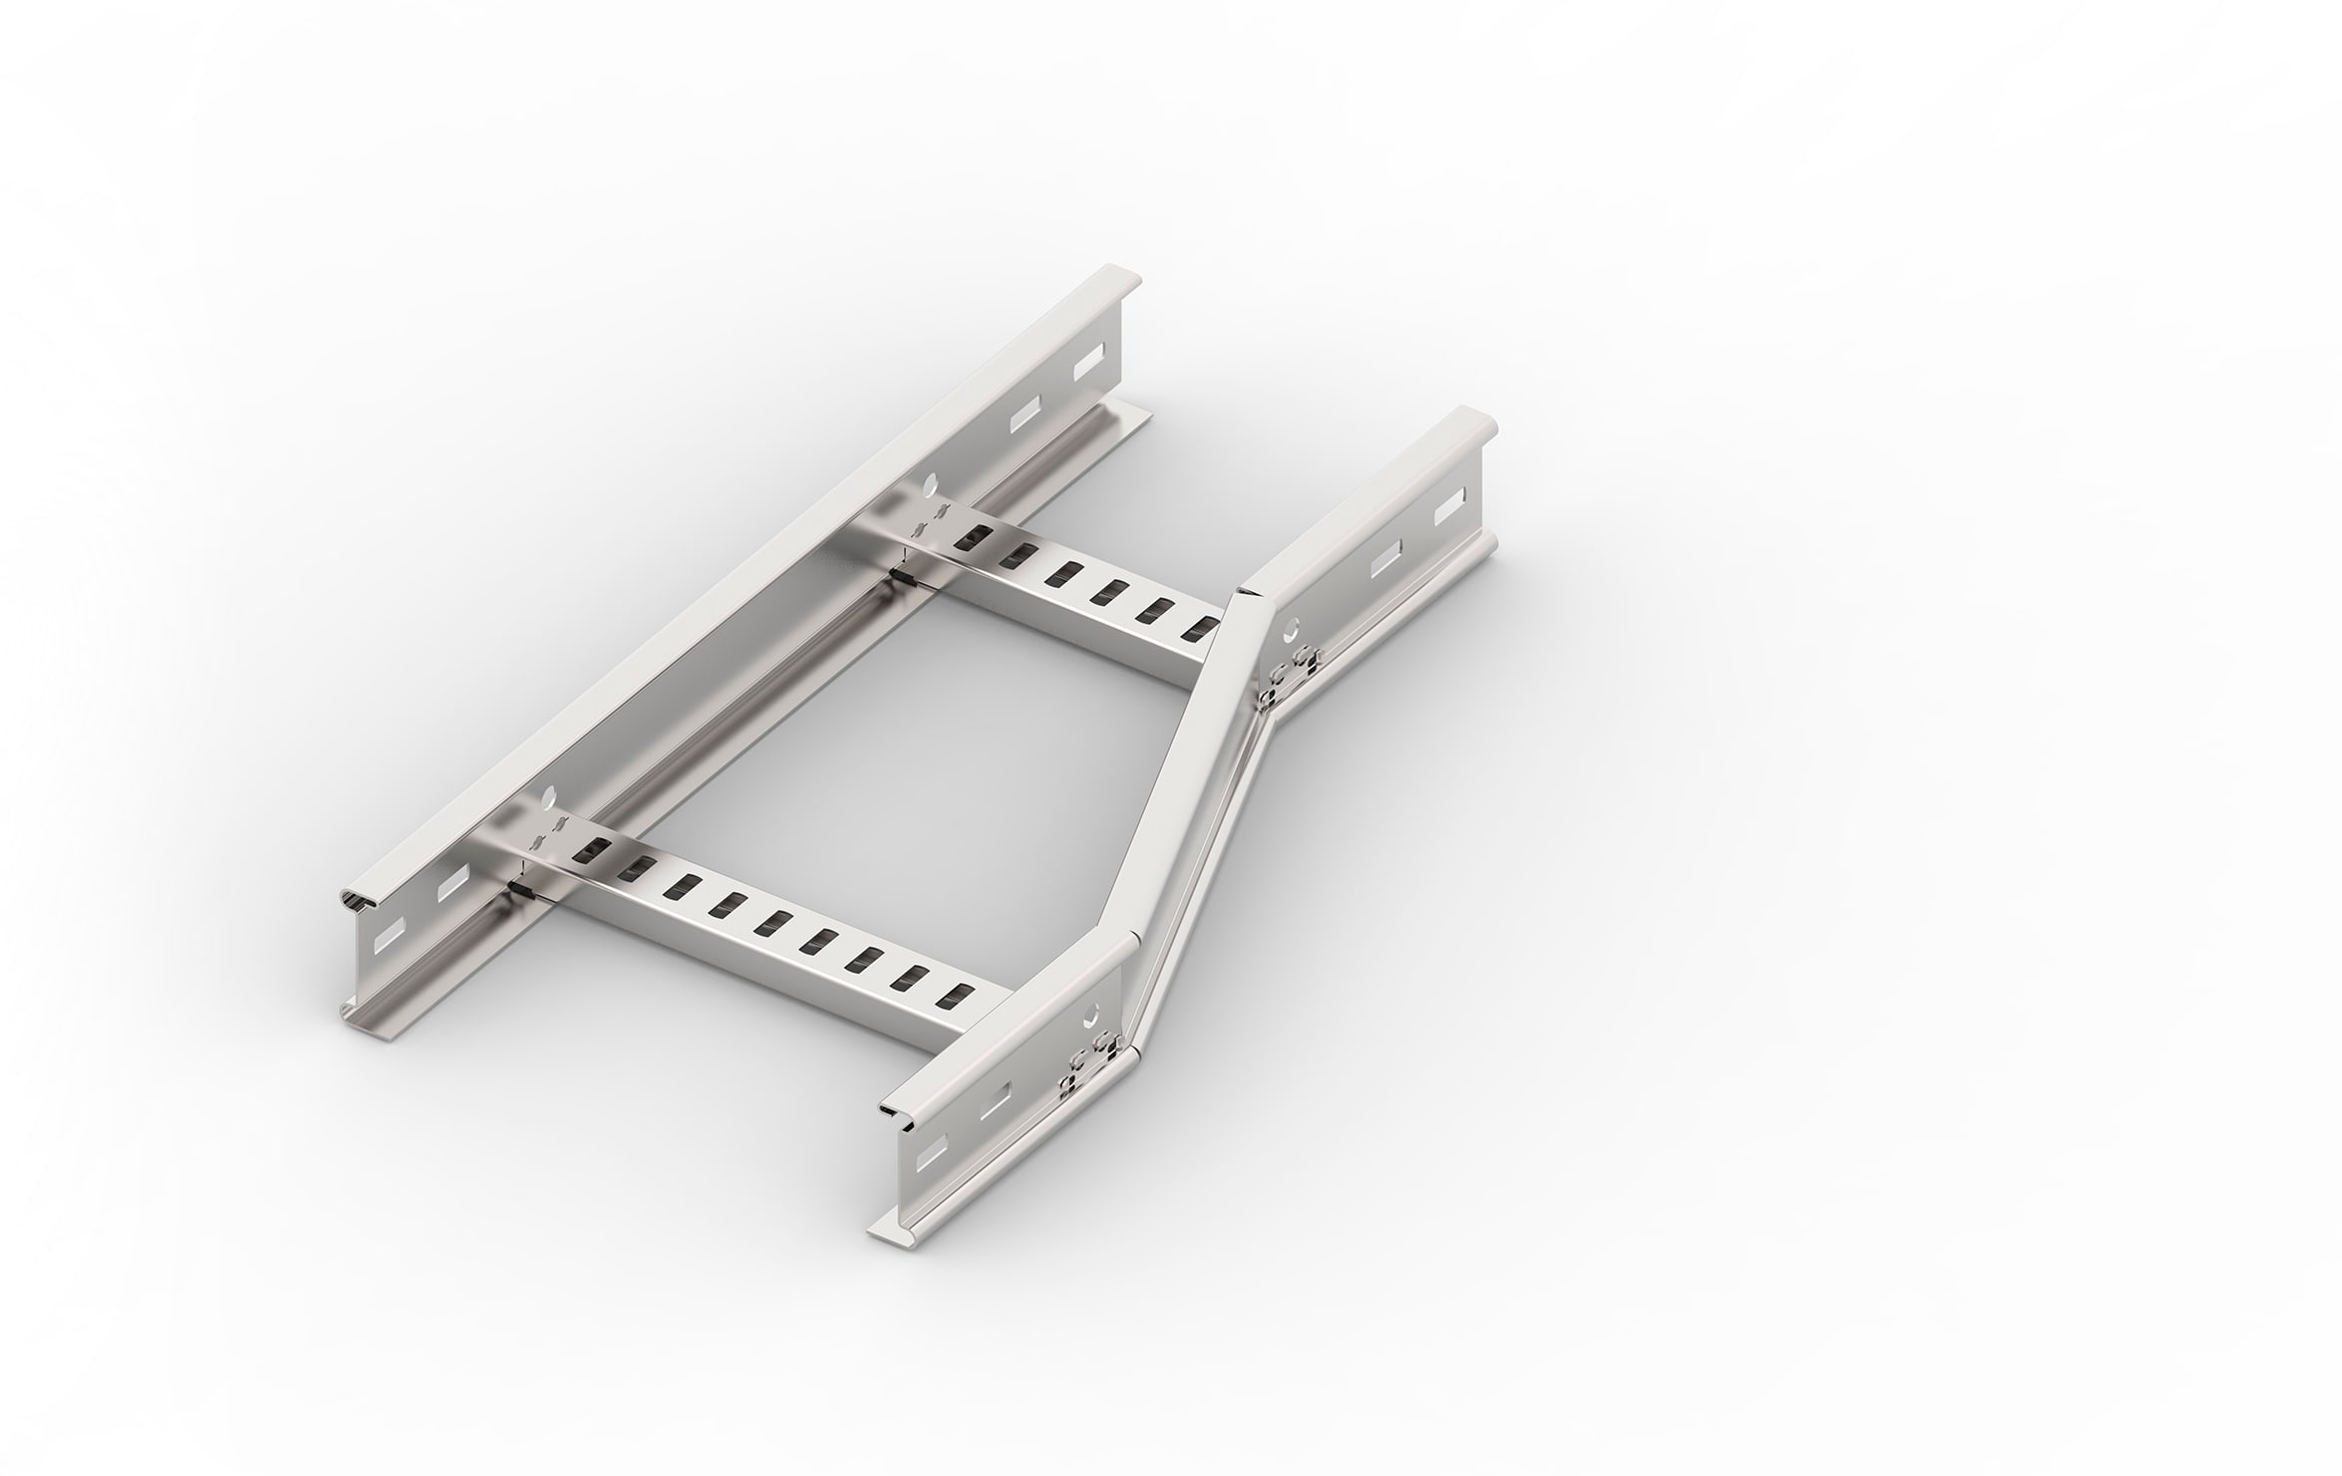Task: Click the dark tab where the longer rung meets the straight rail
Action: [518, 884]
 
